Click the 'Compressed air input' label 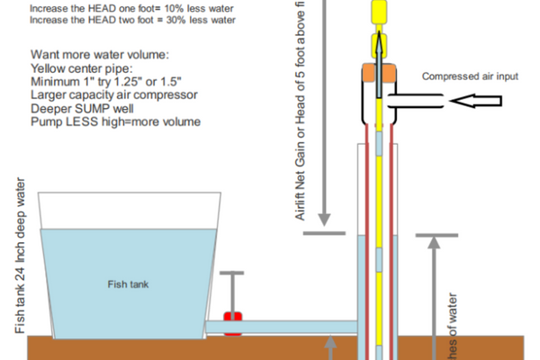tap(471, 76)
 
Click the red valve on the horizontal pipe tap(233, 323)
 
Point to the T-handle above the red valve tap(232, 274)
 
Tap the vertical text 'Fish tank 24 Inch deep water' tap(22, 261)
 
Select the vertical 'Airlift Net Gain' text tap(300, 108)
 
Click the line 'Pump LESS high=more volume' tap(115, 121)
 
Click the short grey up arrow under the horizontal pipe tap(330, 346)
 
